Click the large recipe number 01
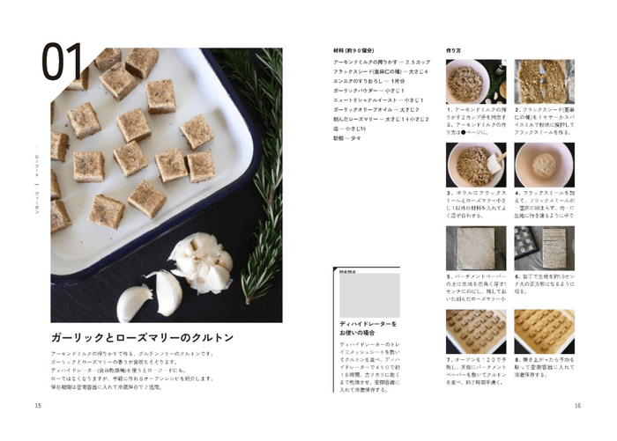[x=63, y=63]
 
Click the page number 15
[x=38, y=406]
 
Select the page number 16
[x=578, y=406]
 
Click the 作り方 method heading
[x=455, y=50]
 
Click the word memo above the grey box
[x=347, y=273]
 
